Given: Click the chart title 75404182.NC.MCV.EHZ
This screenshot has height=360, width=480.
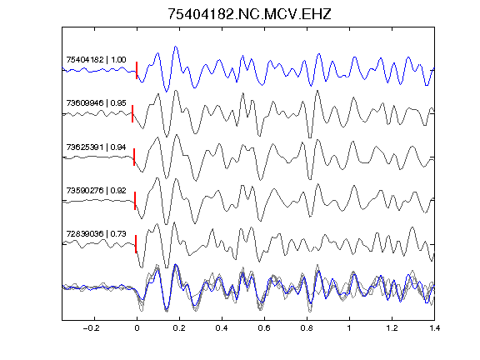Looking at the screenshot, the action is [249, 14].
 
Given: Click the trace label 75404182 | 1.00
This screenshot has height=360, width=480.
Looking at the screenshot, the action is [96, 59].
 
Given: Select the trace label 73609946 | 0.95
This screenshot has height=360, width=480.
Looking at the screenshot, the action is [96, 102].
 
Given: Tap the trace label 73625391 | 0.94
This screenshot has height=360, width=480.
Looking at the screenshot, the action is [96, 147].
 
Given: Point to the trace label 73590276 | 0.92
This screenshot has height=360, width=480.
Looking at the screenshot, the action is [96, 190].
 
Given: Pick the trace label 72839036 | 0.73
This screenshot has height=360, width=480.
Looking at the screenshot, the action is [96, 234].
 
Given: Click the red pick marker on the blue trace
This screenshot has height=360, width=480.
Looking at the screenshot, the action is [137, 70].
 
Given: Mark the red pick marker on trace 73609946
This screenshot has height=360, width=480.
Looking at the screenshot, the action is [132, 113].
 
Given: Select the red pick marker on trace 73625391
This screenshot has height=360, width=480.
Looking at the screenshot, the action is [134, 157].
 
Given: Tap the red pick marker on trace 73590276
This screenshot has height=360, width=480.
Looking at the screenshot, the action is [135, 201].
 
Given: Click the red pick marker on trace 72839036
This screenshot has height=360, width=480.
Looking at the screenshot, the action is [136, 244].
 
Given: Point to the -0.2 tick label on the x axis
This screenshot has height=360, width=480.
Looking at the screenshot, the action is [92, 328].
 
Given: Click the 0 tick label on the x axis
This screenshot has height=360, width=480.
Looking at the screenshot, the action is [137, 328].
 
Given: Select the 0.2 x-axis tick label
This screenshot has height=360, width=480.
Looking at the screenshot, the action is [179, 328].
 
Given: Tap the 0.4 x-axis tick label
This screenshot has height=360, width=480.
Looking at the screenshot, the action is [222, 328].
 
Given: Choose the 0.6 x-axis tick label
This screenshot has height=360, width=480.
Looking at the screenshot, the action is [264, 328].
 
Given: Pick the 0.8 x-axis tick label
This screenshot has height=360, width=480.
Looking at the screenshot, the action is [307, 328].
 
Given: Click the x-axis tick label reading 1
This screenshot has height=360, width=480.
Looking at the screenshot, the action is [349, 328].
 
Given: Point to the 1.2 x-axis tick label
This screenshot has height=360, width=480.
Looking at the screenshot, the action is [392, 328].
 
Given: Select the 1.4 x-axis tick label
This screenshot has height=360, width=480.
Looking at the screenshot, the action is [434, 328].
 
